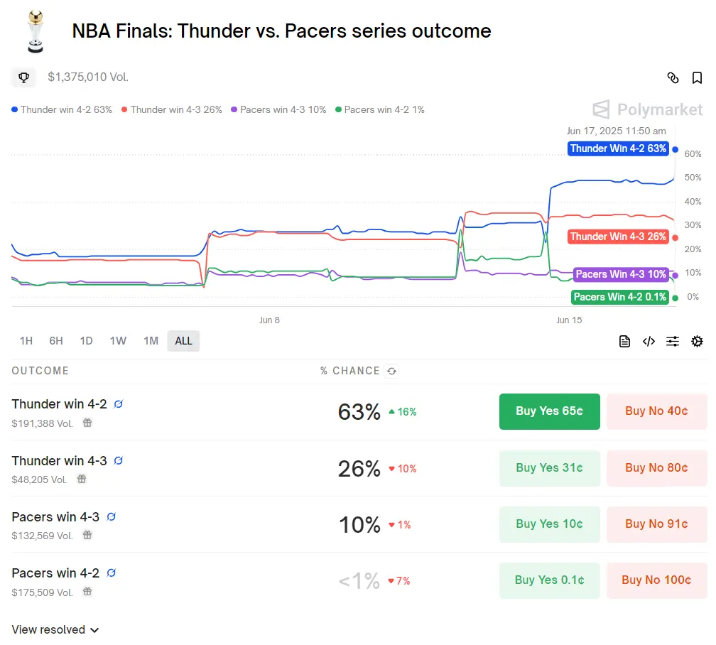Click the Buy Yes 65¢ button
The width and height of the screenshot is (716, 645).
click(549, 411)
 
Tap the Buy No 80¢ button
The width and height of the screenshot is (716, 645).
click(656, 468)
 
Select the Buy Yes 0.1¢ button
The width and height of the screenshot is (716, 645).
click(549, 580)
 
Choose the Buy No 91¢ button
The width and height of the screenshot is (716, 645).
click(656, 524)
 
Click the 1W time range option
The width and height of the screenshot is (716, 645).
click(118, 341)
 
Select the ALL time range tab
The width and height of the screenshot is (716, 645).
click(183, 341)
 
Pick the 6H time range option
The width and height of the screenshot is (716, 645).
click(56, 341)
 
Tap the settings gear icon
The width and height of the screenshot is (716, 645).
click(697, 342)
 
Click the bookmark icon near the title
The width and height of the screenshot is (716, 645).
click(697, 78)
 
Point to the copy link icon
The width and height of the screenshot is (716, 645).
click(673, 78)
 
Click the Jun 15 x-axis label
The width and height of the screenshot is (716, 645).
click(568, 320)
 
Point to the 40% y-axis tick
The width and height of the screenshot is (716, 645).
click(693, 202)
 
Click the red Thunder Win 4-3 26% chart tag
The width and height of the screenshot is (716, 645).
click(618, 237)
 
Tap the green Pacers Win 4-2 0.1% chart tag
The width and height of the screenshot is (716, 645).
click(620, 297)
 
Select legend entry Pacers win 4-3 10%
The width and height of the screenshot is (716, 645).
click(278, 110)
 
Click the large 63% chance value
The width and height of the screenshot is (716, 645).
click(359, 412)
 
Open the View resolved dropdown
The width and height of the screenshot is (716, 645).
click(55, 630)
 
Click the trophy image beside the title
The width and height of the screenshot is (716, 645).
click(34, 32)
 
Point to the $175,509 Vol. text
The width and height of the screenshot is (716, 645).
click(42, 592)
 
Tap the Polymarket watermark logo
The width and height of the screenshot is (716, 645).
click(647, 109)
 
